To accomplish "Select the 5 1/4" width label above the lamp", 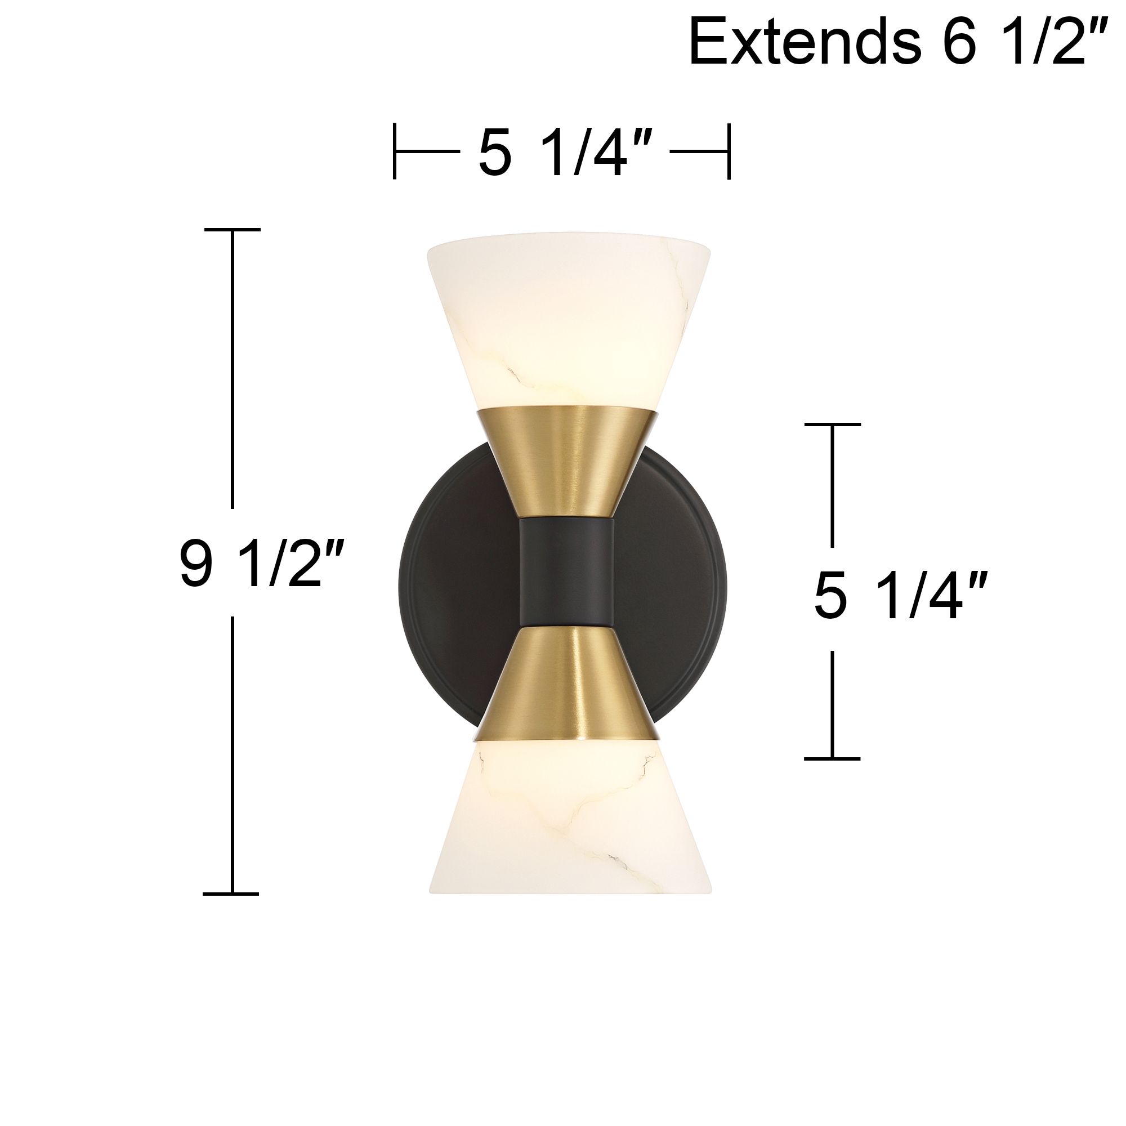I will [561, 153].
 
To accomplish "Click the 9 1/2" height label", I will [254, 562].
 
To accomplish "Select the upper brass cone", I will [568, 461].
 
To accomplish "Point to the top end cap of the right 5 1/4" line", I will [832, 425].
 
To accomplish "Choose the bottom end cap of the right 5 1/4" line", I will [832, 758].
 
